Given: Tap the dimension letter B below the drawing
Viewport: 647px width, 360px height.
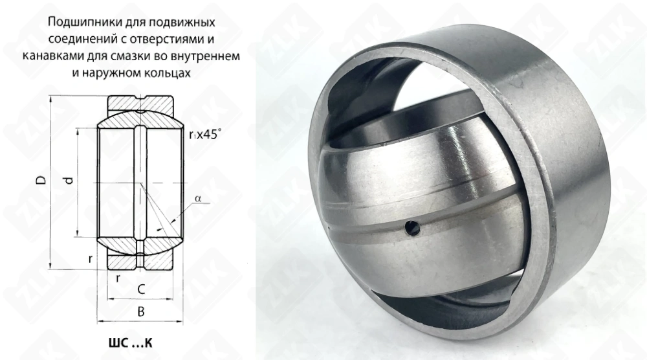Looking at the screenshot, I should point(140,312).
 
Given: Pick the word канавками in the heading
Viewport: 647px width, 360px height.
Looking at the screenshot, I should point(49,56).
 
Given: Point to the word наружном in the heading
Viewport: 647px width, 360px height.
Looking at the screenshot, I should point(116,73).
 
